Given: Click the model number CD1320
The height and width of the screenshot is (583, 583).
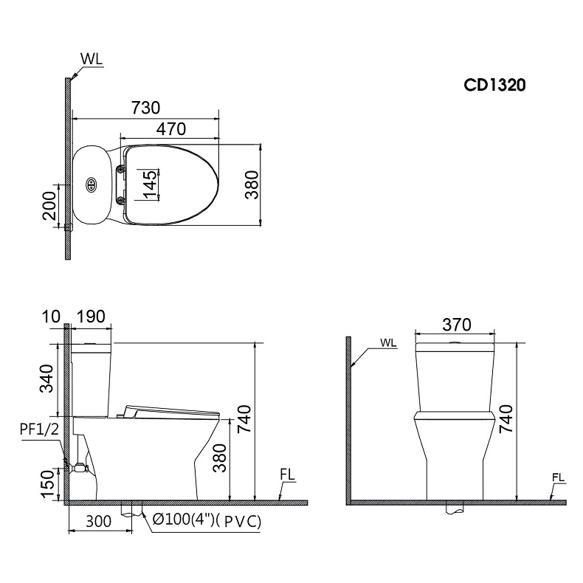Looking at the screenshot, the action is (x=494, y=85).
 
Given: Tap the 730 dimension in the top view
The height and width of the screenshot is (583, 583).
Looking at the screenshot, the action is (x=146, y=108).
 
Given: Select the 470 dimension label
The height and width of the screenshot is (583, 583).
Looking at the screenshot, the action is (x=171, y=129).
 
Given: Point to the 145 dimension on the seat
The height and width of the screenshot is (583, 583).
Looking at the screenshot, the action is (x=150, y=184).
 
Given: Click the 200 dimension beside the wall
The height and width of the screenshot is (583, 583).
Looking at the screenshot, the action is (x=49, y=206).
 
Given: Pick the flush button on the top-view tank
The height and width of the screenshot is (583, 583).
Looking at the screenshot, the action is (x=91, y=184).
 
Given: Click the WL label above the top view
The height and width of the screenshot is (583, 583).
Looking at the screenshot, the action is (x=92, y=59).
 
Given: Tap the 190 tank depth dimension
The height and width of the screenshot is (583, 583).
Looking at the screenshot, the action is (x=91, y=317).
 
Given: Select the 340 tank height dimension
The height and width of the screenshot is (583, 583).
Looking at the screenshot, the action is (x=47, y=379).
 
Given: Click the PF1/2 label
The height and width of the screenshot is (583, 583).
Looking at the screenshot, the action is (x=39, y=430).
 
